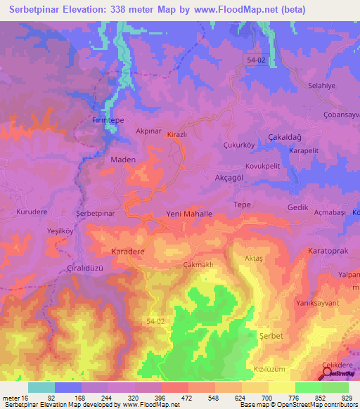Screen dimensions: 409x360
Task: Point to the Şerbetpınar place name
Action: [x=95, y=213]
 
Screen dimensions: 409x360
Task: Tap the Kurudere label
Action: [x=31, y=212]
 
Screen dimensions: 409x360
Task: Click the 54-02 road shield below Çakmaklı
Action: [x=157, y=321]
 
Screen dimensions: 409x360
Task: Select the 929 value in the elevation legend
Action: [x=345, y=398]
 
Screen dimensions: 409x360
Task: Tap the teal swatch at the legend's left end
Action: [x=41, y=387]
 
